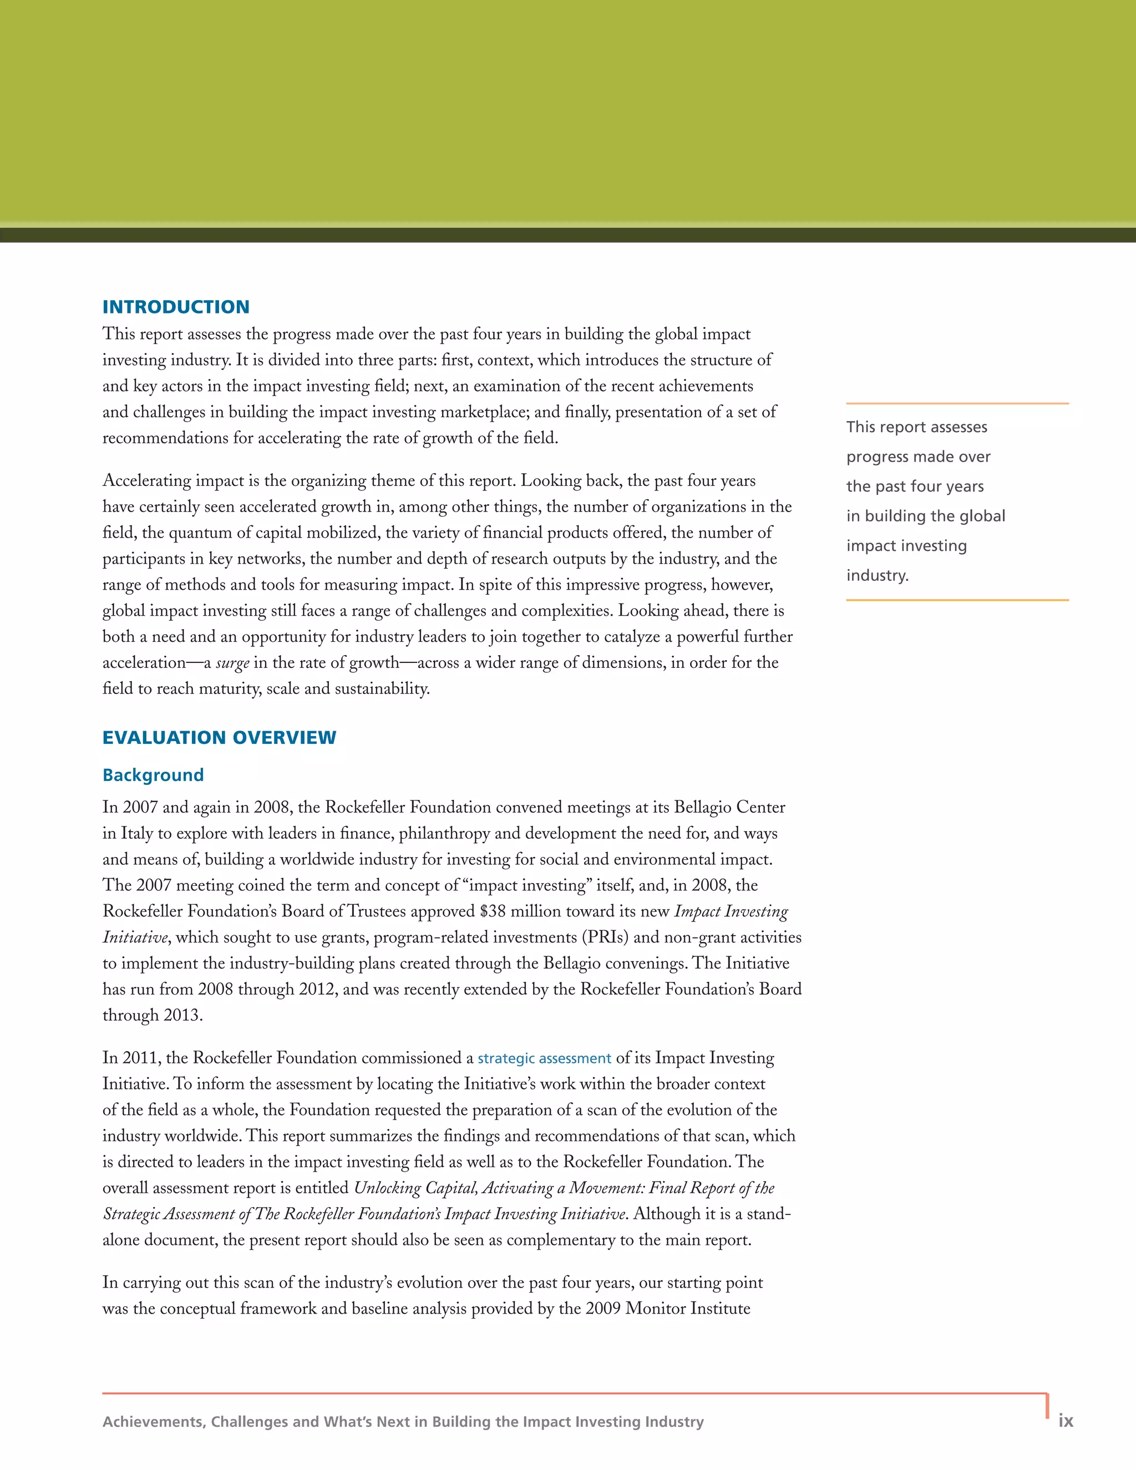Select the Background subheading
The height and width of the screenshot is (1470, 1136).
[x=153, y=775]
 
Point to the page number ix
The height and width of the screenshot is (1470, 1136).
[x=1066, y=1420]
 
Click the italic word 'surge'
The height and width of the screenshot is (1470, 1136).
[x=232, y=663]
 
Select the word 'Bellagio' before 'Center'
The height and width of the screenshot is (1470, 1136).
[x=704, y=807]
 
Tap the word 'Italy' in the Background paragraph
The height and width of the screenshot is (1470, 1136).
[x=138, y=833]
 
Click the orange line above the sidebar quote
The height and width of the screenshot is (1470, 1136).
[x=957, y=403]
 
